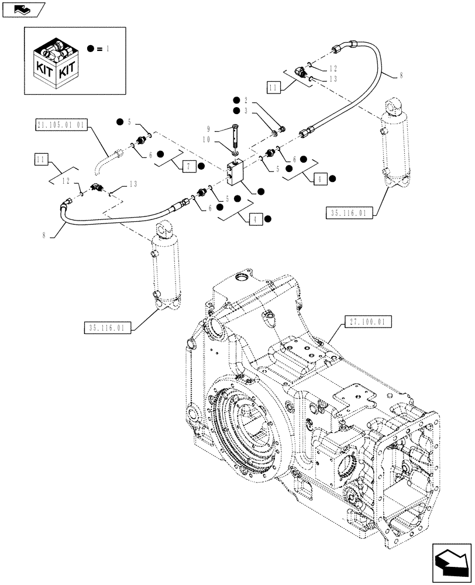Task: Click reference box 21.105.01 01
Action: click(61, 125)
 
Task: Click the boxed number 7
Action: click(189, 167)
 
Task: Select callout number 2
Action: click(246, 100)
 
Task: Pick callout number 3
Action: click(246, 111)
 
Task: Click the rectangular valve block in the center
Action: click(236, 174)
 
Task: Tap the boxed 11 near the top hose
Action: click(273, 88)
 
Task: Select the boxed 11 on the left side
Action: click(39, 159)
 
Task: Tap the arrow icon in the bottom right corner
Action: click(451, 562)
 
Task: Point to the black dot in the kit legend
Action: click(92, 49)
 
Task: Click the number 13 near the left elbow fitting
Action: click(133, 184)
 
